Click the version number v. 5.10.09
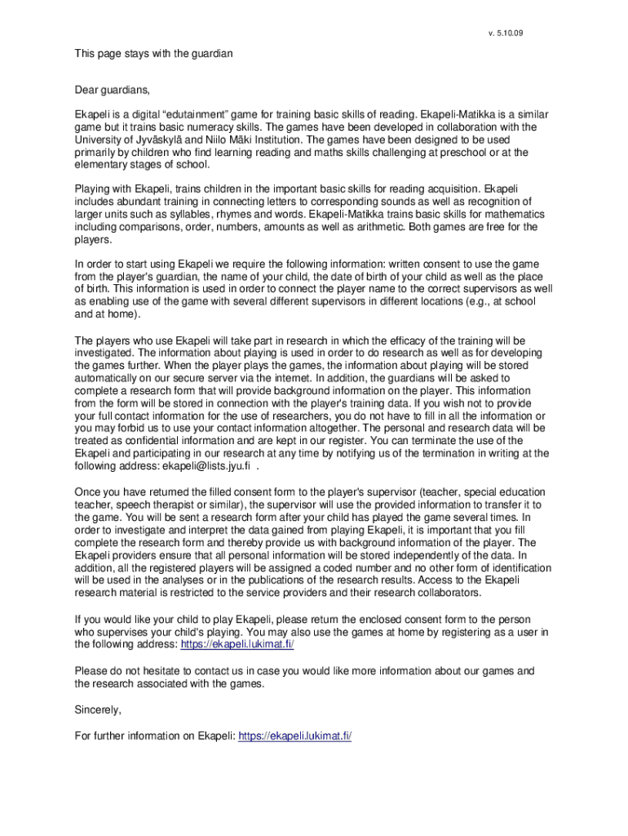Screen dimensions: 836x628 coord(506,33)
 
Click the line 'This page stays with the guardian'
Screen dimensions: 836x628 coord(154,54)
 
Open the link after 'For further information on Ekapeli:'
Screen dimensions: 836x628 coord(294,736)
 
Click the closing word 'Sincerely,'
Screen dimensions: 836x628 coord(99,709)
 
